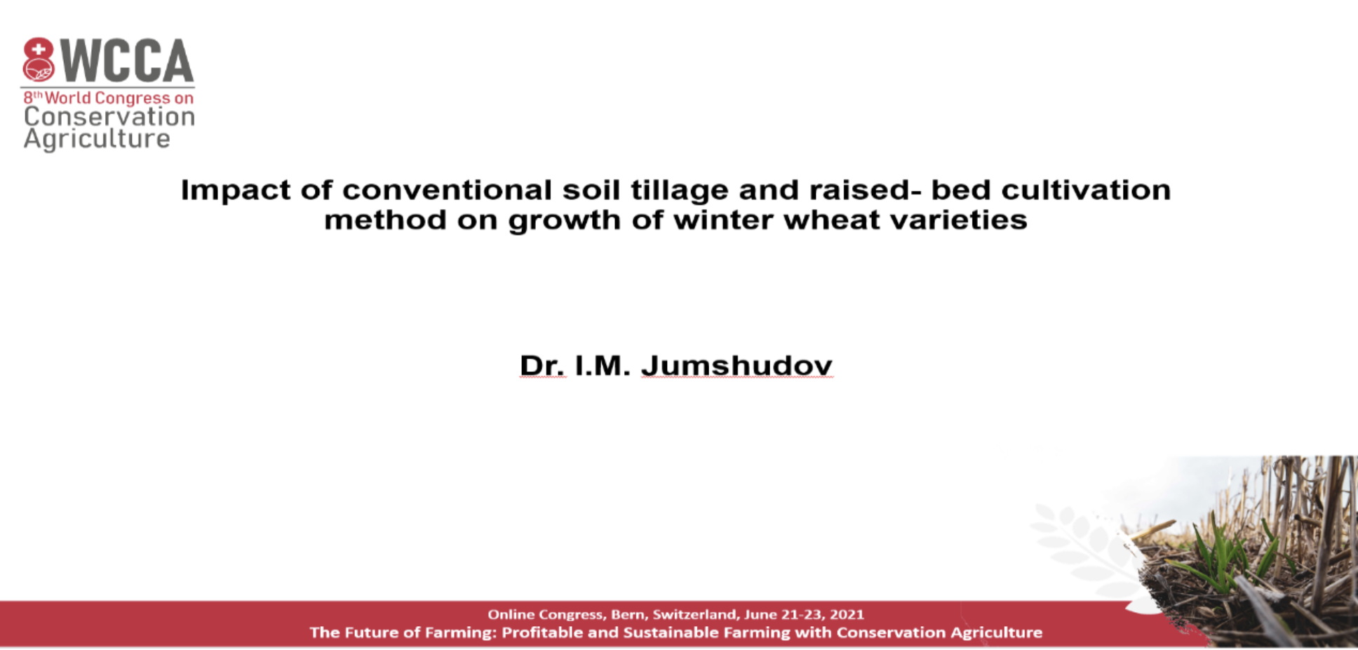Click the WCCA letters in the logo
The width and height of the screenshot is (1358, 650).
click(x=127, y=60)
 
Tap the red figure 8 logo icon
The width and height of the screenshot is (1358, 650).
click(x=38, y=60)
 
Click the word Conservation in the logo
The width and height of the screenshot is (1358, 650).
click(x=109, y=117)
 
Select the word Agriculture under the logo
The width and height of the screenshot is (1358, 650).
click(x=97, y=139)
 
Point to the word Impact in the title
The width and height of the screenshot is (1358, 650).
click(x=236, y=191)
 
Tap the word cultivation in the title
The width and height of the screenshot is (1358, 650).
click(x=1086, y=190)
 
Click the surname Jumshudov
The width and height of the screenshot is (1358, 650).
click(x=737, y=366)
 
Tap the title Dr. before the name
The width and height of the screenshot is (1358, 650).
click(x=542, y=366)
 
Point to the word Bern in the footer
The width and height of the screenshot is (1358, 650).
click(x=628, y=615)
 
